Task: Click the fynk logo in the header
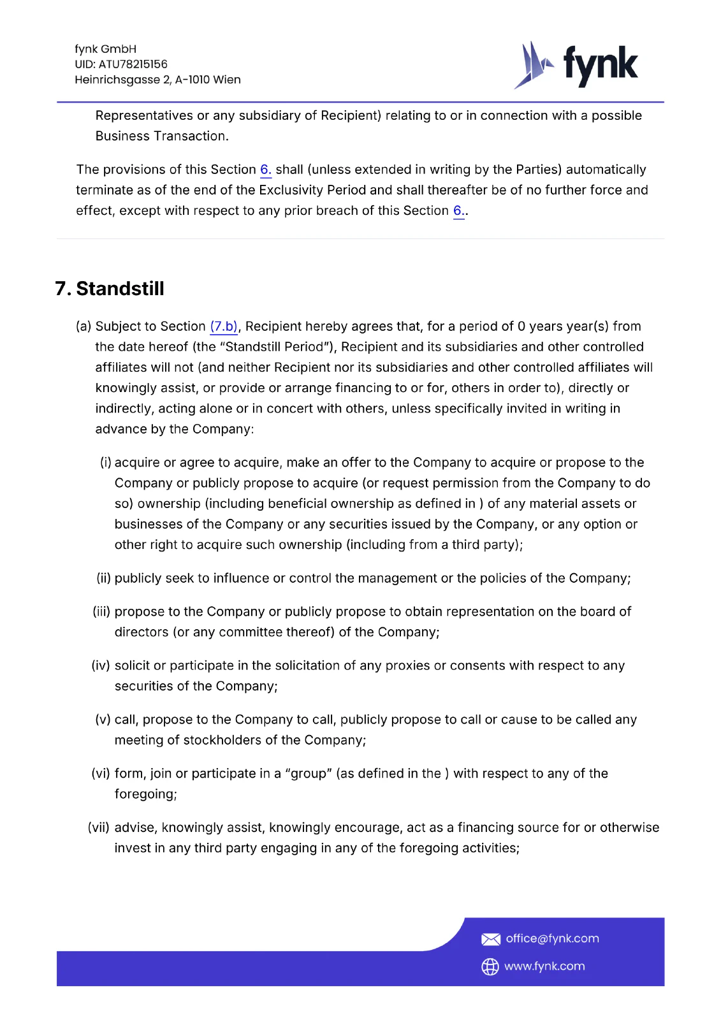576,65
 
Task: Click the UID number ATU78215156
133,64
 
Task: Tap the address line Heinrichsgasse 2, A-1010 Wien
157,80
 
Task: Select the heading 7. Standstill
110,289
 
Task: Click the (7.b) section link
224,326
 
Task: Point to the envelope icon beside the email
490,939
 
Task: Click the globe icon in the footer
490,966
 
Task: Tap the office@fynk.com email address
552,938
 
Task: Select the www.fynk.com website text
544,966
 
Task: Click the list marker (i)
106,463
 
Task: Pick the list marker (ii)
104,578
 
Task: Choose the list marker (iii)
102,612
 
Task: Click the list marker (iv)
101,666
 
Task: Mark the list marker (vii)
99,827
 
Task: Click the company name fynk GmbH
106,49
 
